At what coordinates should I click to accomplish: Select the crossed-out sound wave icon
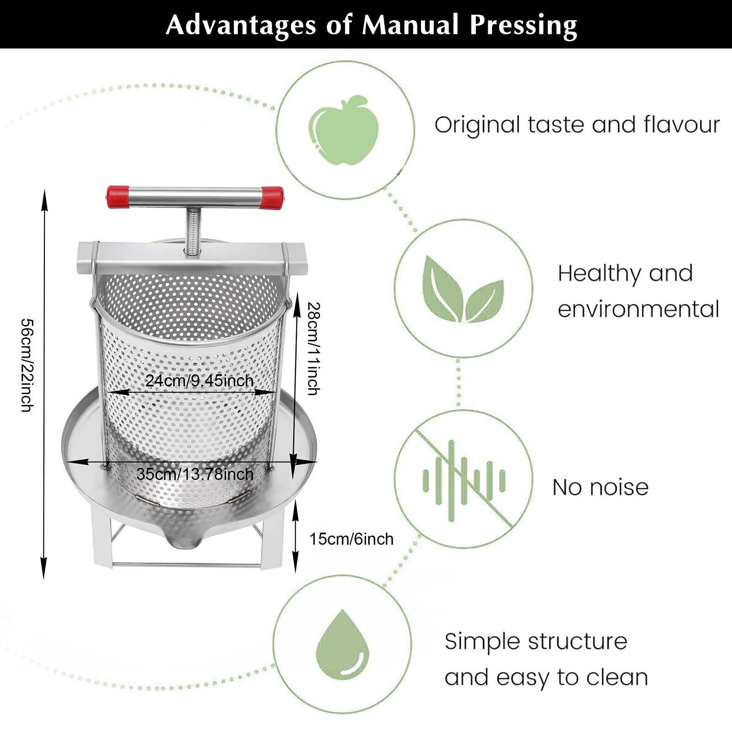[463, 480]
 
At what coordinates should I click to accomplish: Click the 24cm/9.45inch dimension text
[199, 380]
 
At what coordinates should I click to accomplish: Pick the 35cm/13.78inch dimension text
[195, 474]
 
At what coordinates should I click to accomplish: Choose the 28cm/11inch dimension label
[313, 348]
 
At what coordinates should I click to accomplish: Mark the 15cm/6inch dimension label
[351, 539]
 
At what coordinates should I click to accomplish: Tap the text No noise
[600, 487]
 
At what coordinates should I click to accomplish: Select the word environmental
[638, 309]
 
